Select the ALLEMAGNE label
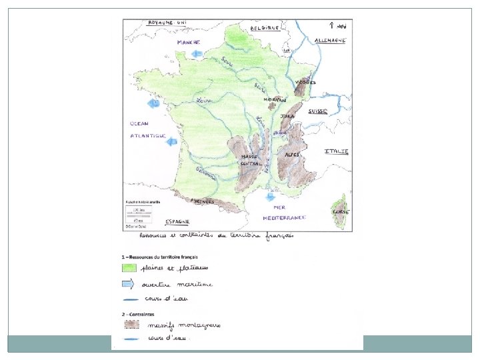(329, 40)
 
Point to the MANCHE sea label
(189, 42)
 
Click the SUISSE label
(317, 111)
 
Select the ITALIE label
(337, 151)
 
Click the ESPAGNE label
(178, 221)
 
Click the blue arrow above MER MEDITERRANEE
(270, 197)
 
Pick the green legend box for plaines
(129, 267)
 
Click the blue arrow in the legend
(129, 284)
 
